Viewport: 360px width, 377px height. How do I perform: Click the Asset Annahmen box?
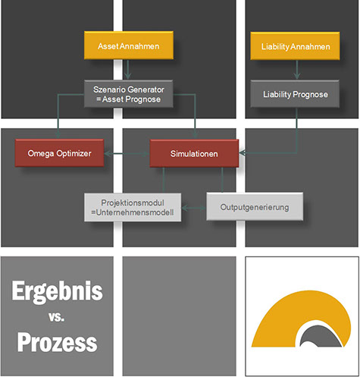click(x=129, y=46)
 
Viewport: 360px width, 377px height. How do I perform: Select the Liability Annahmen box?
click(x=295, y=46)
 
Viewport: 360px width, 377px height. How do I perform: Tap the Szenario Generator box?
click(x=129, y=94)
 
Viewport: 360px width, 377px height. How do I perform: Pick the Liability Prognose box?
click(x=295, y=94)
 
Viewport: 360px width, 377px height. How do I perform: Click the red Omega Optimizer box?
click(x=59, y=153)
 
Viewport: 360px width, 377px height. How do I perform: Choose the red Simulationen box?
click(x=194, y=153)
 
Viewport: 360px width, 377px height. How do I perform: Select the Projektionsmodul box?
click(x=133, y=207)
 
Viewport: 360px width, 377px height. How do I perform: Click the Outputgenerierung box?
click(x=255, y=206)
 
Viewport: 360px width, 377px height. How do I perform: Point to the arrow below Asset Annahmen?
click(x=128, y=70)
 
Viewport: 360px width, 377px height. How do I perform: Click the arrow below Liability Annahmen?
click(x=297, y=70)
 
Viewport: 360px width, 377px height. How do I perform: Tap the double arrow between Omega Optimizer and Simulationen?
click(x=127, y=153)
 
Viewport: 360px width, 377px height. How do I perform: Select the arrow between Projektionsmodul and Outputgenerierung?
click(x=194, y=208)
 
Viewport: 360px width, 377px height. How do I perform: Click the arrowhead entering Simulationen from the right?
click(x=242, y=152)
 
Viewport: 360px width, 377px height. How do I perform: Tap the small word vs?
click(x=57, y=317)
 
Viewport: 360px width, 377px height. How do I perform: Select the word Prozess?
click(x=57, y=342)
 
